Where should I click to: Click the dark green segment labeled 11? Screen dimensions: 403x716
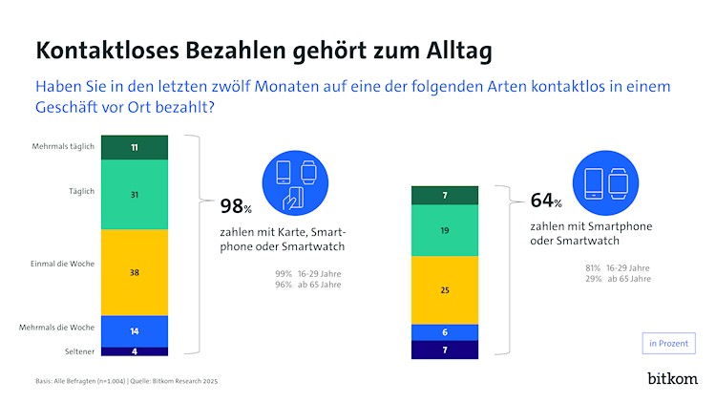pyautogui.click(x=135, y=148)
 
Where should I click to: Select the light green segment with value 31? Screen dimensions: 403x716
pyautogui.click(x=135, y=194)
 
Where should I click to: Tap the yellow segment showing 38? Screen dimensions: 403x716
pyautogui.click(x=135, y=271)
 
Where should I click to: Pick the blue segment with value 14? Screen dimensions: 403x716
pyautogui.click(x=135, y=329)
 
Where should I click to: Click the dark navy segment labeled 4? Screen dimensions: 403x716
pyautogui.click(x=135, y=351)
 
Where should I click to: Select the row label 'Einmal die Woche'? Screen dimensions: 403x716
pyautogui.click(x=63, y=263)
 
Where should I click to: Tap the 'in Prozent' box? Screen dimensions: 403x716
pyautogui.click(x=666, y=343)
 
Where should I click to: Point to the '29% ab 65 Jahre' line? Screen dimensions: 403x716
pyautogui.click(x=618, y=279)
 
